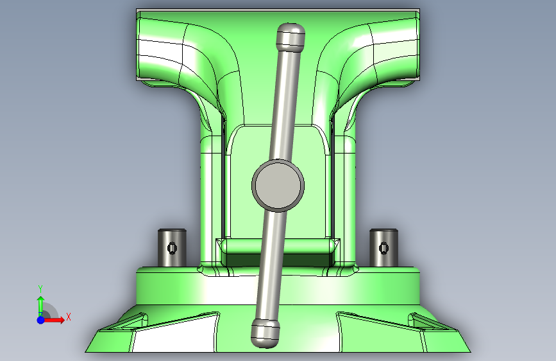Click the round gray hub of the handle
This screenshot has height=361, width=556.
pyautogui.click(x=278, y=186)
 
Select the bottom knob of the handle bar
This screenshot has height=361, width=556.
pyautogui.click(x=265, y=333)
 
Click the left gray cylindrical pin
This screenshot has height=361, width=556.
pyautogui.click(x=172, y=248)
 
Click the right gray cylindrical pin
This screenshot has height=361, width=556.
pyautogui.click(x=383, y=248)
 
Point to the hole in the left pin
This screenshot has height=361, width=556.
pyautogui.click(x=173, y=248)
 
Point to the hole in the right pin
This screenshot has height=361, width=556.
pyautogui.click(x=384, y=248)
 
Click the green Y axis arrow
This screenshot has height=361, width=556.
pyautogui.click(x=41, y=304)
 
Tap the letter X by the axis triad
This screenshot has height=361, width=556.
pyautogui.click(x=69, y=317)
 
